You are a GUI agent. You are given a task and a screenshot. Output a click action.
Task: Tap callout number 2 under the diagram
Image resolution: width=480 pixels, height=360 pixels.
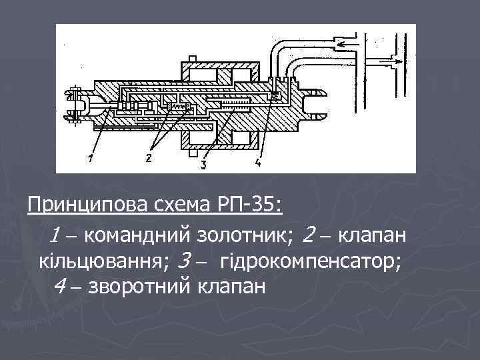[148, 158]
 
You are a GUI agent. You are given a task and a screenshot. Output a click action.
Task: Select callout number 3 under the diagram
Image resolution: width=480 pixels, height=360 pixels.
[203, 162]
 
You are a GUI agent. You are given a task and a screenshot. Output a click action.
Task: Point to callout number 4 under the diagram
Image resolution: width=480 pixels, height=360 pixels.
[257, 162]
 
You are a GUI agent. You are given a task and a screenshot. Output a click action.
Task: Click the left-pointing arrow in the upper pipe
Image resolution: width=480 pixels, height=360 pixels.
[347, 45]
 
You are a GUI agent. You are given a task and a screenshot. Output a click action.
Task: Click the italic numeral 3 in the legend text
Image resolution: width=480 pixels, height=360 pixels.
[187, 261]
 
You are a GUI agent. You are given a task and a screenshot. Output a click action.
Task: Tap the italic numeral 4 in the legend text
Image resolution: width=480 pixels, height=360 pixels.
[60, 287]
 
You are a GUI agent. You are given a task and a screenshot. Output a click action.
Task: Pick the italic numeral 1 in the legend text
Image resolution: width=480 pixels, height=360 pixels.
[57, 235]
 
